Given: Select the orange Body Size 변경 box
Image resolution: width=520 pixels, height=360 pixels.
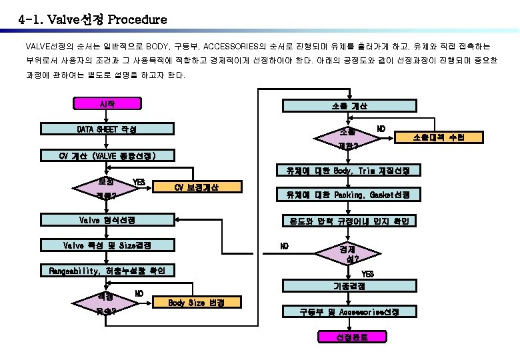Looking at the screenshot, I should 196,303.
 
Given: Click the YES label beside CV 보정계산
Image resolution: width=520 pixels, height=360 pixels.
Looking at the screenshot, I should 139,182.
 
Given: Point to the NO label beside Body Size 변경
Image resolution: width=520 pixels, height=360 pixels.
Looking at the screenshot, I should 139,293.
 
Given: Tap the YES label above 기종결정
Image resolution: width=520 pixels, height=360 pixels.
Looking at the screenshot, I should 367,273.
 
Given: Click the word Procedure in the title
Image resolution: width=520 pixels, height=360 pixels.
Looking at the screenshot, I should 133,19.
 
